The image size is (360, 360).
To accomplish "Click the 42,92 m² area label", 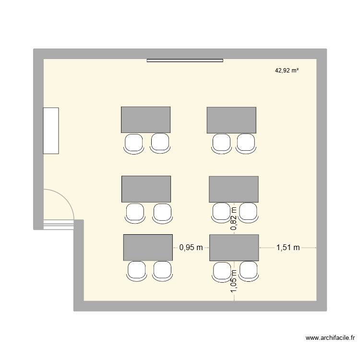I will pos(287,71).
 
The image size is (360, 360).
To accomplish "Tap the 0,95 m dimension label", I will pos(191,248).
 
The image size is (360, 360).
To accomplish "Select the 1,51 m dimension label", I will pos(288,248).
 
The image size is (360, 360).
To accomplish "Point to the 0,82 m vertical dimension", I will pos(234,219).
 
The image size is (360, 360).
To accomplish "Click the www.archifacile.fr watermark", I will pos(329,338).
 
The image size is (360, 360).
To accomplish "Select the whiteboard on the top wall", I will pos(185,60).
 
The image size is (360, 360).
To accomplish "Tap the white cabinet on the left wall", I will pos(51,131).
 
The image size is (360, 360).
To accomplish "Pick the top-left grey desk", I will pos(145,120).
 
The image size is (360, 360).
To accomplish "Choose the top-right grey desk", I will pos(231,120).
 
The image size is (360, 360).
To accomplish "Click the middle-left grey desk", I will pos(146,189).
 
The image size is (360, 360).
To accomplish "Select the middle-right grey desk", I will pos(234,189).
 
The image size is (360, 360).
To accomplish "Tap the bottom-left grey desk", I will pos(148,247).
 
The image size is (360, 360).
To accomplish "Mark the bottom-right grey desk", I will pos(234,247).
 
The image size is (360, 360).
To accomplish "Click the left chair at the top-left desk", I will pos(133,143).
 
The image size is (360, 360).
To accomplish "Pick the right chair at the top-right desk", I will pos(245,143).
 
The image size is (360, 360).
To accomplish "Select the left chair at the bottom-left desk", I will pos(136,271).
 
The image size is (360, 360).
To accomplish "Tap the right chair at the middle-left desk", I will pos(162,212).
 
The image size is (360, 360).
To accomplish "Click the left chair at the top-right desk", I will pos(221,143).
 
